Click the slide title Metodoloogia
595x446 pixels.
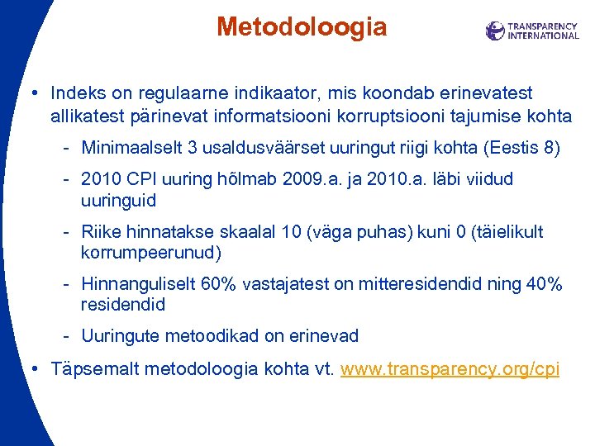[302, 27]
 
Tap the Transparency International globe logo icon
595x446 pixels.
[495, 31]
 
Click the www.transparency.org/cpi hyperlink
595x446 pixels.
[450, 368]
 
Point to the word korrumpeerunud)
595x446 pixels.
[152, 253]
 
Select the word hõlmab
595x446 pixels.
[231, 179]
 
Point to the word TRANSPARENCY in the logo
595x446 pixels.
[543, 26]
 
